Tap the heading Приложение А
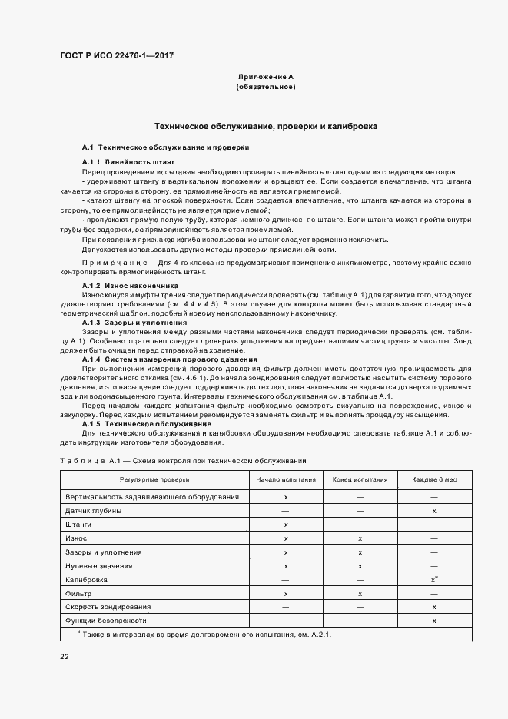(266, 77)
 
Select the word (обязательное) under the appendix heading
(266, 87)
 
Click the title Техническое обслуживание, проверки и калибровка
(266, 125)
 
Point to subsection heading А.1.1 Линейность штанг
(129, 162)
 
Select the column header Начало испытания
(286, 479)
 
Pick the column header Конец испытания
(360, 479)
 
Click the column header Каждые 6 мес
(434, 479)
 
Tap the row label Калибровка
(87, 579)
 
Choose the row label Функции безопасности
(105, 620)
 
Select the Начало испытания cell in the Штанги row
(286, 525)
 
